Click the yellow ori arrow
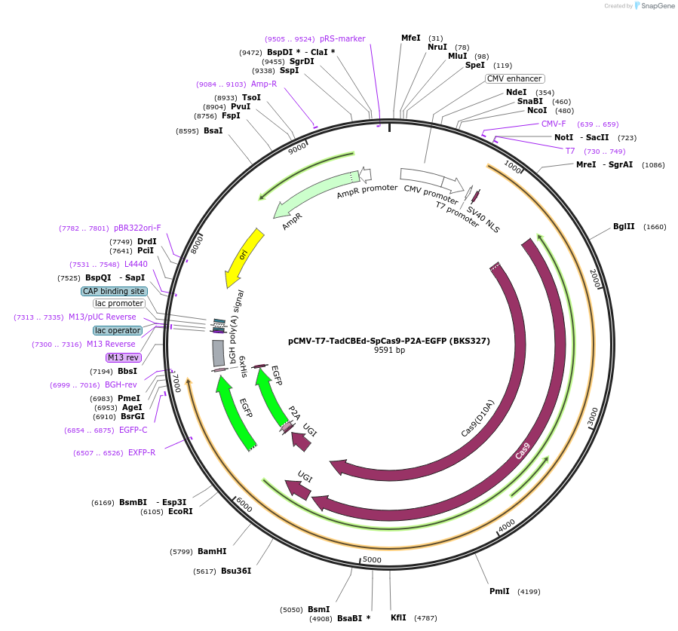(246, 257)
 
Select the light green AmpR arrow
(317, 193)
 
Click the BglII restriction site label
(624, 226)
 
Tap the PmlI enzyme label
(499, 591)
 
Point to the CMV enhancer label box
(514, 78)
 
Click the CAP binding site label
(115, 291)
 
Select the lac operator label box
(118, 330)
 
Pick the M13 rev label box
(124, 357)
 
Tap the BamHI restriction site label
(212, 551)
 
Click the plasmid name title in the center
(389, 341)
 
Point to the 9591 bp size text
(389, 351)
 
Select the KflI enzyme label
(398, 617)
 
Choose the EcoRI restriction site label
(180, 511)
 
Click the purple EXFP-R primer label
(142, 452)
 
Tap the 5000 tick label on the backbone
(373, 559)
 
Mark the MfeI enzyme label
(410, 38)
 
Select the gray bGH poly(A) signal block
(218, 353)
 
